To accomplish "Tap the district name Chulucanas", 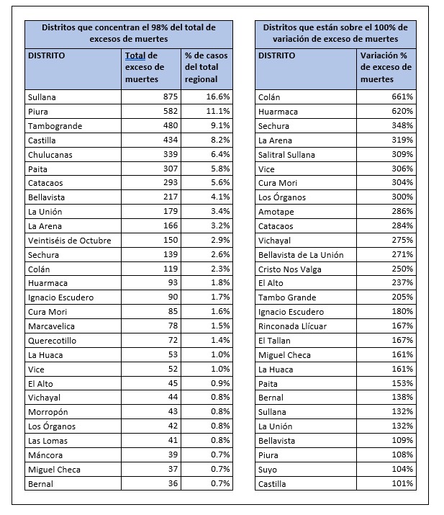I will [x=50, y=154].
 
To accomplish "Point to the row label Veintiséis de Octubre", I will [x=69, y=240].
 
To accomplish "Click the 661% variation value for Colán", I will [x=402, y=97].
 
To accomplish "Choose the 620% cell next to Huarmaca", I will [x=402, y=112].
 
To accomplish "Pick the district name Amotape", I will [x=276, y=212].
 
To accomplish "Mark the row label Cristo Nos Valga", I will [x=290, y=269].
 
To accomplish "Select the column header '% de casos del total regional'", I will [x=207, y=67].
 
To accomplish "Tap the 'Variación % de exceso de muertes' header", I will [x=386, y=67].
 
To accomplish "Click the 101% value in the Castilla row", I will [x=402, y=483].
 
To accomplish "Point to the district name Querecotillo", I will [x=52, y=340].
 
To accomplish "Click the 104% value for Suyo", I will [x=402, y=469].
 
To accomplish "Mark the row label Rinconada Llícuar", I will [x=291, y=326].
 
